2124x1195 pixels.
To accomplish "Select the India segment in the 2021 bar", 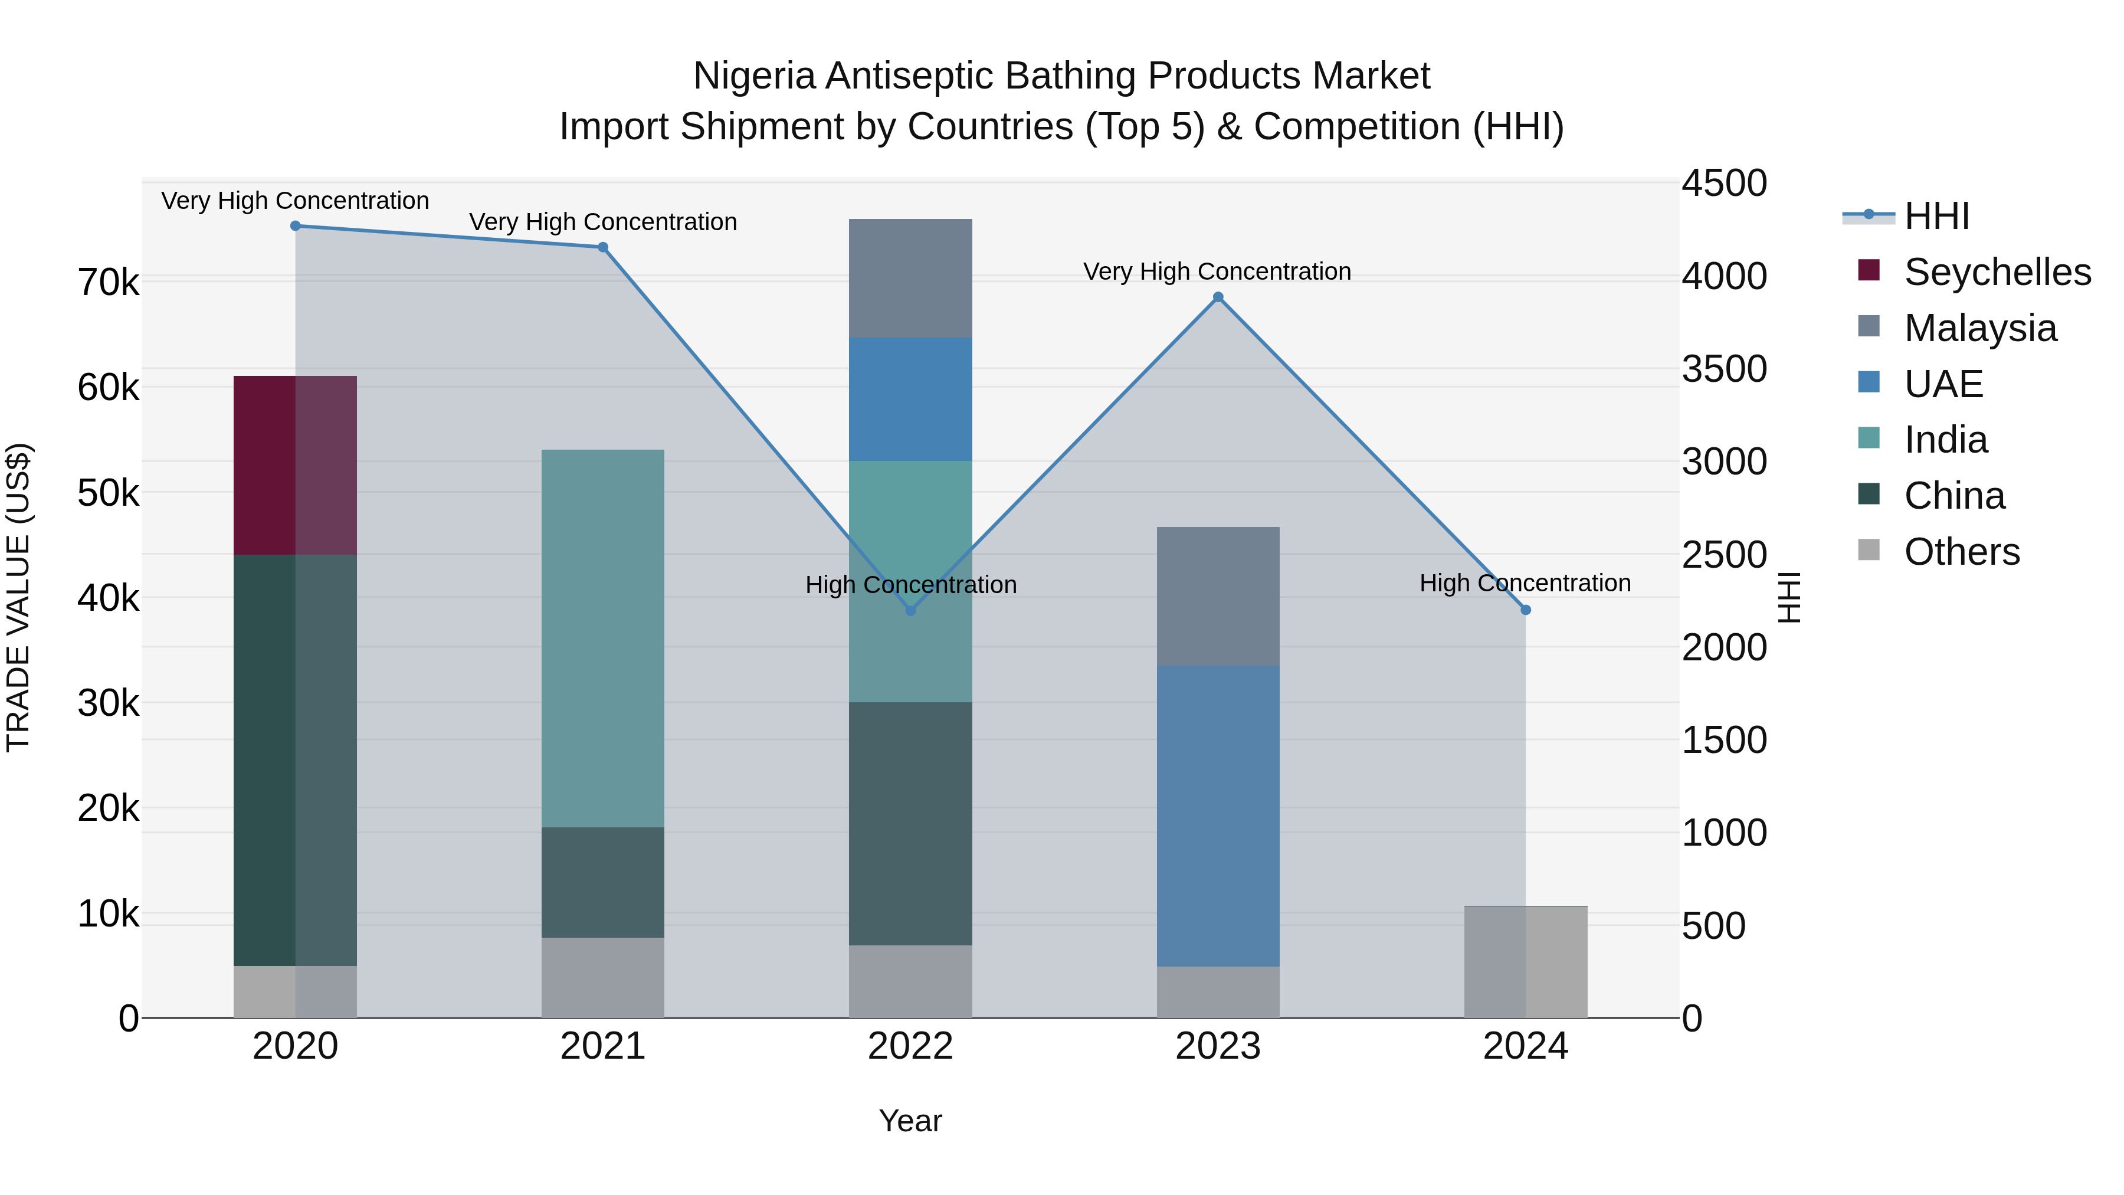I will coord(603,639).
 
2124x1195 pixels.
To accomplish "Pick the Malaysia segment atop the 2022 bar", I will coord(910,278).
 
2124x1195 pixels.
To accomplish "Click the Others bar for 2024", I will coord(1525,962).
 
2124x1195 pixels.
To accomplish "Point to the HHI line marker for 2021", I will coord(603,247).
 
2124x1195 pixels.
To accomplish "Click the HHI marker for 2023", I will coord(1218,298).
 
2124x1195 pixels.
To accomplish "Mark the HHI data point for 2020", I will coord(295,226).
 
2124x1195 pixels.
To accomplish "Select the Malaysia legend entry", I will coord(1979,328).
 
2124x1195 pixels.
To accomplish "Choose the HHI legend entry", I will coord(1935,216).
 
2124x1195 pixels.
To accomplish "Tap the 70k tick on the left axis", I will coord(108,283).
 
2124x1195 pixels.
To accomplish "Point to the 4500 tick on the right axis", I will coord(1724,183).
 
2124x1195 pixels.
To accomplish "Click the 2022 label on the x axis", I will coord(910,1046).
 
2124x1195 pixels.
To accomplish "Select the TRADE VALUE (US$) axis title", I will coord(19,597).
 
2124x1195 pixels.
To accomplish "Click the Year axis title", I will coord(910,1121).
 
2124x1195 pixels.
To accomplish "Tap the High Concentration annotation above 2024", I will coord(1525,583).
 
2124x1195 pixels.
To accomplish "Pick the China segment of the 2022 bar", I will coord(910,823).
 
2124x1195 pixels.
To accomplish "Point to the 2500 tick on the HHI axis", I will coord(1724,555).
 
